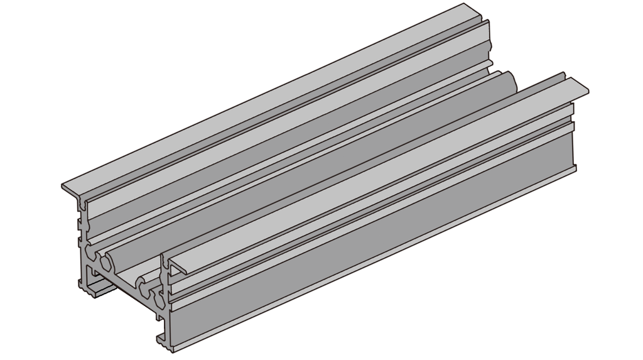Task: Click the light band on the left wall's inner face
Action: click(x=283, y=126)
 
